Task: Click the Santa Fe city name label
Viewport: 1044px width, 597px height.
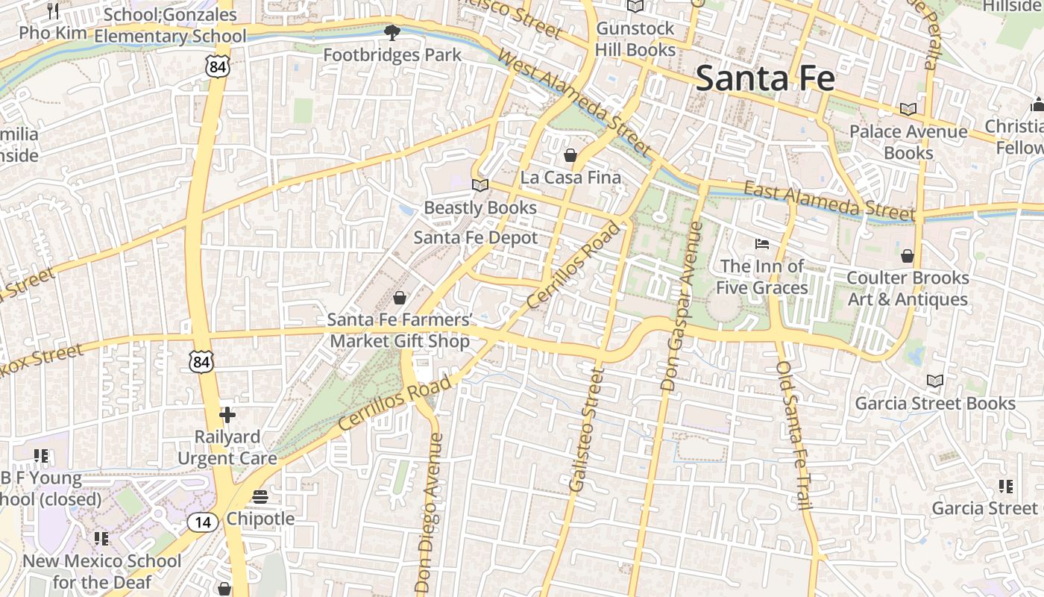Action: click(x=764, y=78)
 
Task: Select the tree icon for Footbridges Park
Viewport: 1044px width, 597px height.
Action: click(x=391, y=33)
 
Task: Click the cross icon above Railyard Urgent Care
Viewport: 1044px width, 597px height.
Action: click(x=227, y=415)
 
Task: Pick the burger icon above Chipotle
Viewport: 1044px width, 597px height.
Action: click(x=260, y=496)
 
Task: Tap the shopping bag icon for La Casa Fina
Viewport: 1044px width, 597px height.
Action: click(x=570, y=155)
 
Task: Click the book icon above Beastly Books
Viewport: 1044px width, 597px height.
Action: click(x=480, y=185)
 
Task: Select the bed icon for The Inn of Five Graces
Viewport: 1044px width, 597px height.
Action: click(x=762, y=244)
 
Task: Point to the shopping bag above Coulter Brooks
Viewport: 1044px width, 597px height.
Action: click(x=908, y=256)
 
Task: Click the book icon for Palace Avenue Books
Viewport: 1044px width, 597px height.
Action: click(x=908, y=110)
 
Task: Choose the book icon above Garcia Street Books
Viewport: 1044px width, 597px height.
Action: click(x=935, y=381)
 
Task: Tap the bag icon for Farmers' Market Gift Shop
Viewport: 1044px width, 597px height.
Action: click(x=400, y=298)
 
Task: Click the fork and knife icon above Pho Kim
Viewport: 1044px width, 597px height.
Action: click(x=53, y=11)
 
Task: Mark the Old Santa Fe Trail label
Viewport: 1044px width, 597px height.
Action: click(x=793, y=437)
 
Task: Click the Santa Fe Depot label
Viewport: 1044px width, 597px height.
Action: click(x=476, y=238)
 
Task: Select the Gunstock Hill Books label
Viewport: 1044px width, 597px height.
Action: click(x=635, y=40)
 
